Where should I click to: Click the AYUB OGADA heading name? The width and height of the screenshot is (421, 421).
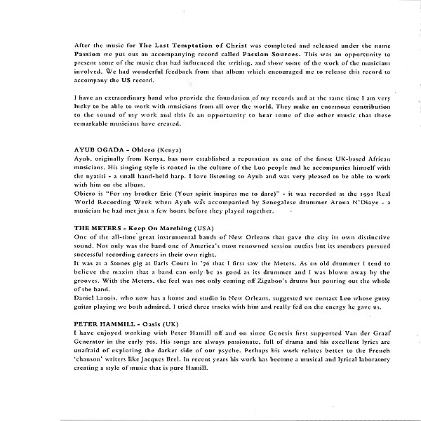pos(97,151)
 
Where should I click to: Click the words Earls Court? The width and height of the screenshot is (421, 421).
pos(154,262)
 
